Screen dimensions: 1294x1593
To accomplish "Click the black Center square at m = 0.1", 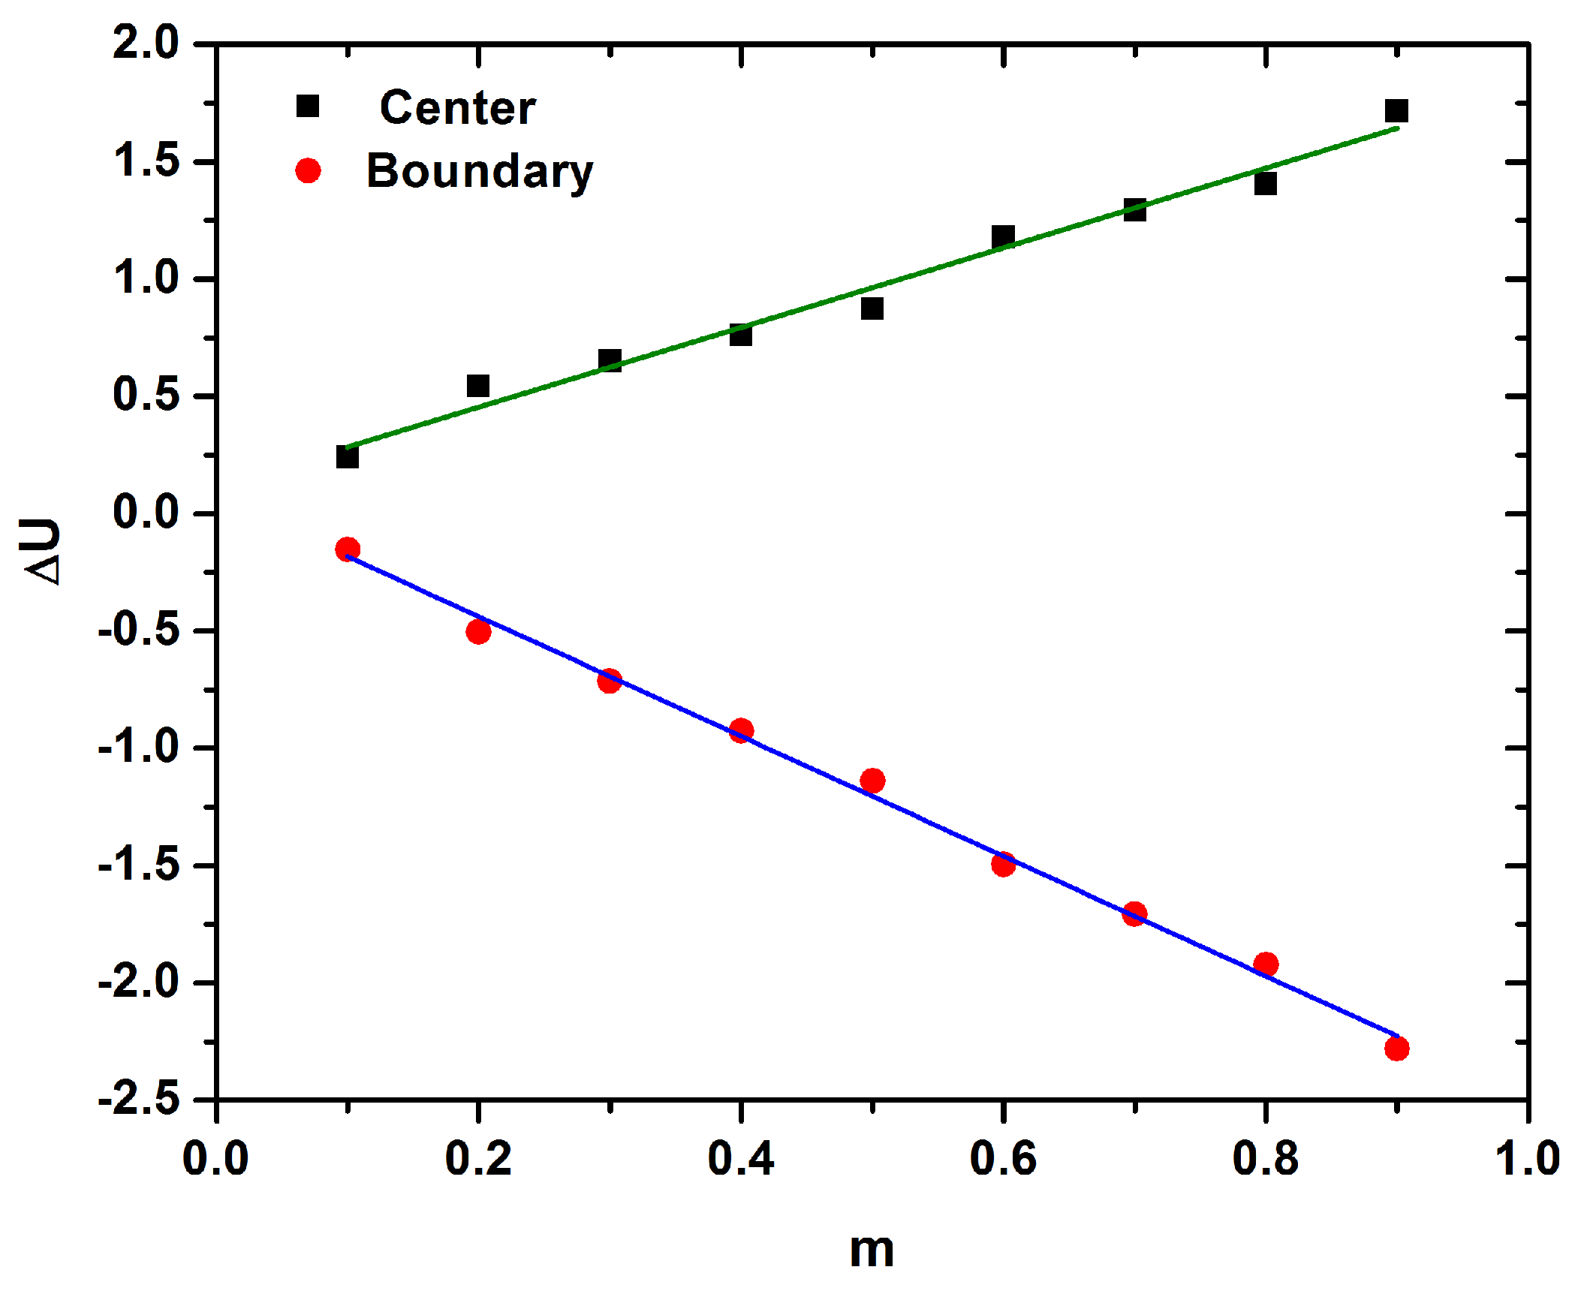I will coord(347,456).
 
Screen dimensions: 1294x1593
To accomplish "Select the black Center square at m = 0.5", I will coord(872,308).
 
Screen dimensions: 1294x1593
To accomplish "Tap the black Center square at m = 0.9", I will coord(1396,111).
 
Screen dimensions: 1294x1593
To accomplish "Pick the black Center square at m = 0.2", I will coord(478,387).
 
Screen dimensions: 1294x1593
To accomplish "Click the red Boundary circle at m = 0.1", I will coord(347,549).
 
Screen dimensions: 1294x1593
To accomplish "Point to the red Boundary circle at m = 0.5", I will coord(872,781).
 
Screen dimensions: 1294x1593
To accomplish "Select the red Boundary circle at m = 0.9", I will coord(1396,1049).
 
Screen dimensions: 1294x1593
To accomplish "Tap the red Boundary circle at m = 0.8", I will coord(1266,964).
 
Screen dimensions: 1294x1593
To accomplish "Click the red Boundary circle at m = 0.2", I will coord(478,632).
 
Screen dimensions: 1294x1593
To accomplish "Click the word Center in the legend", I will coord(457,108).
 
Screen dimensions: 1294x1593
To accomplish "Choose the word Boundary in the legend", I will coord(479,172).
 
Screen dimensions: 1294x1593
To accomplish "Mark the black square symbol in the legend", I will coord(308,107).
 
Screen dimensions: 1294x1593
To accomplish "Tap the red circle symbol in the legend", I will coord(308,171).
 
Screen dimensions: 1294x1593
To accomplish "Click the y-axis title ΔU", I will coord(42,552).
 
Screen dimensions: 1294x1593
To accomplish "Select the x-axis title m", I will coord(872,1251).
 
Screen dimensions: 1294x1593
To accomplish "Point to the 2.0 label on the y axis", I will coord(146,42).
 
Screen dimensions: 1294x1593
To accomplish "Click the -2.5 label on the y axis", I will coord(140,1100).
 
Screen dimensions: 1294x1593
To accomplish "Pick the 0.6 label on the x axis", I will coord(1003,1157).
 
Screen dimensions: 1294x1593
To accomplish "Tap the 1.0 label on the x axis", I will coord(1527,1157).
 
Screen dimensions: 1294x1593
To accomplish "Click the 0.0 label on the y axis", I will coord(146,513).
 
